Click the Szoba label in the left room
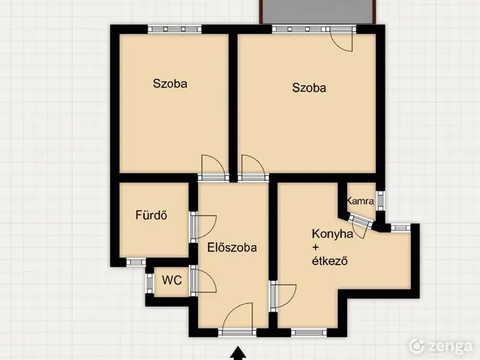coord(170,83)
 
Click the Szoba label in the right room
coord(309,88)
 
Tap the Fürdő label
coord(151,215)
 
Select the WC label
coord(172,280)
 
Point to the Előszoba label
coord(232,247)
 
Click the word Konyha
coord(332,234)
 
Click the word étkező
coord(330,261)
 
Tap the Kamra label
coord(360,201)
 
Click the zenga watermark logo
coord(441,346)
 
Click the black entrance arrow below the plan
coord(238,353)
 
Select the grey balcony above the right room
coord(318,11)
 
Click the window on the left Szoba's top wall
coord(175,29)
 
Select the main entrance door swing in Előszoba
coord(238,316)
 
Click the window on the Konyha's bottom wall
coord(308,332)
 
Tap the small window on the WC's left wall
coord(149,283)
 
